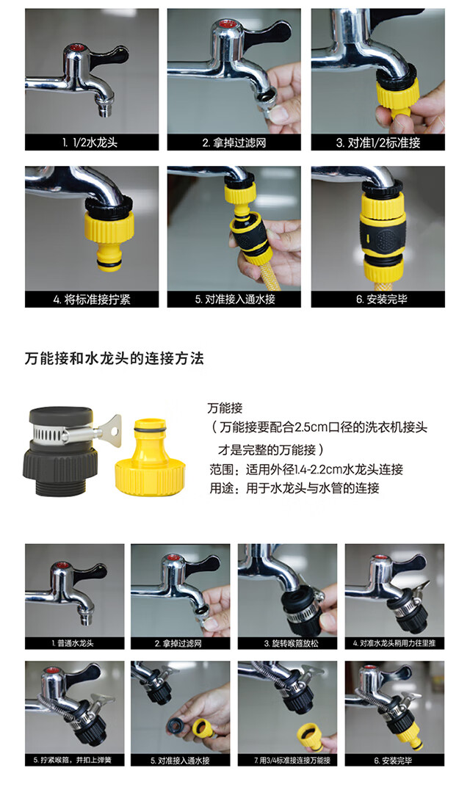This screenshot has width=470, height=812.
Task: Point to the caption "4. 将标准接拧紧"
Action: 91,300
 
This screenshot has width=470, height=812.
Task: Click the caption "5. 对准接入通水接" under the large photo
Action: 235,300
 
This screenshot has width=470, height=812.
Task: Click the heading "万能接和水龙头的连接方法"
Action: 114,358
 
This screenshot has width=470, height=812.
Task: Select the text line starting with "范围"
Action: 306,470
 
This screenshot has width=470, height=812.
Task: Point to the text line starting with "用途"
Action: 294,487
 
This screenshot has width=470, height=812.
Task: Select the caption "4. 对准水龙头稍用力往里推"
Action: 394,643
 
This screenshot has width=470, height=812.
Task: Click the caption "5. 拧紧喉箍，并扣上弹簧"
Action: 73,760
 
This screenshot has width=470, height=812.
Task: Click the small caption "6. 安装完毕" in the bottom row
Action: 394,760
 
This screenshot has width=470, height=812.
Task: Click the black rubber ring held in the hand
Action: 176,725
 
